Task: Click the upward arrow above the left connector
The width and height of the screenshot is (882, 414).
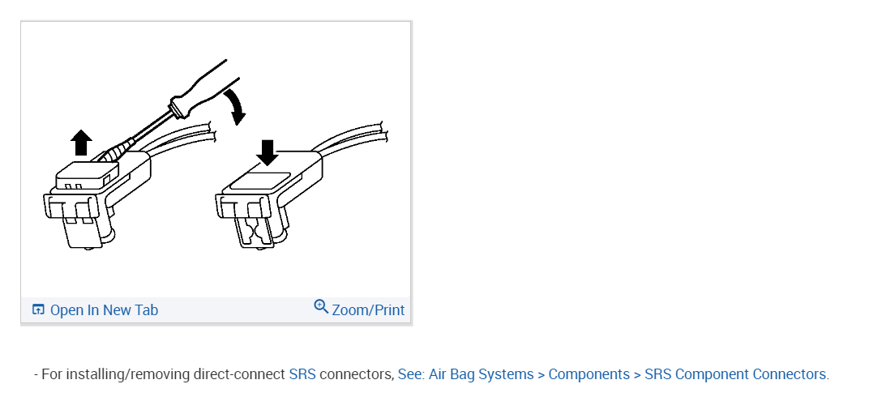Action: [80, 143]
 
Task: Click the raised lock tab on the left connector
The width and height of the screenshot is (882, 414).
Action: [86, 174]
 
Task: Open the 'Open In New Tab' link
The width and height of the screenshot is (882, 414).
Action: [104, 310]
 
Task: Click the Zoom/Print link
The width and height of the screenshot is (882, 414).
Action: [368, 310]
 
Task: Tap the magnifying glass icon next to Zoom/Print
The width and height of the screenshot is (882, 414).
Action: [321, 307]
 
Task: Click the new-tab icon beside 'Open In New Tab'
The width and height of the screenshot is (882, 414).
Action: [38, 309]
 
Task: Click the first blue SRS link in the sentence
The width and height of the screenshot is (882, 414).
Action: [302, 374]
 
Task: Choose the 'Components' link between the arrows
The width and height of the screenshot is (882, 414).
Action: [589, 374]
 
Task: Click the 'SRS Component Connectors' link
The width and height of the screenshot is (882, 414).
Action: [735, 374]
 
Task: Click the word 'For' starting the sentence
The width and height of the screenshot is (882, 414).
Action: [52, 374]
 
